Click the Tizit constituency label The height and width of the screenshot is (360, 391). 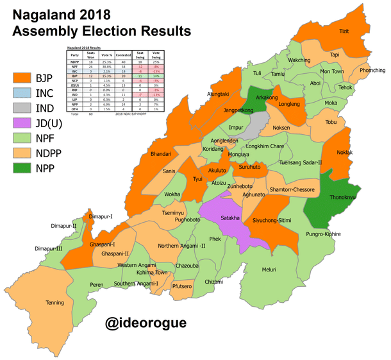click(344, 31)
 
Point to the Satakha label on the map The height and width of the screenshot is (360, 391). click(230, 218)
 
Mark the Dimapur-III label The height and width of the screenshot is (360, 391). click(49, 248)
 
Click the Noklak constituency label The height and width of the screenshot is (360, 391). click(337, 153)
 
